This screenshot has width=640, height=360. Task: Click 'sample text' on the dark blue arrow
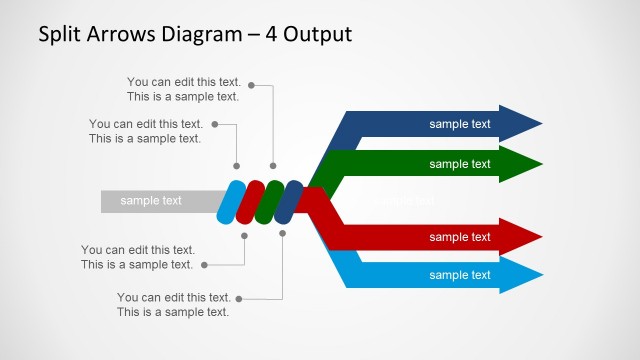pos(460,124)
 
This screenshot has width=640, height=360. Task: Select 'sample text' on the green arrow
pos(460,163)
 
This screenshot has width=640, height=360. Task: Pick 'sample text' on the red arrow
pos(460,237)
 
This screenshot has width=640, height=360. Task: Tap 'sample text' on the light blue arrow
pos(460,275)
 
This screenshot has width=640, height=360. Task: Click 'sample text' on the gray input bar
pos(151,201)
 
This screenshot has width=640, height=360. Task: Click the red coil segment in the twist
pos(250,201)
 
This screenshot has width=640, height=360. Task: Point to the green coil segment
pos(269,201)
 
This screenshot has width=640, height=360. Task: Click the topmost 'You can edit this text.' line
pos(184,81)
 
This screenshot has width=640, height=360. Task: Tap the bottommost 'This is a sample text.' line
pos(173,312)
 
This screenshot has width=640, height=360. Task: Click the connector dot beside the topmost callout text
pos(251,86)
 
